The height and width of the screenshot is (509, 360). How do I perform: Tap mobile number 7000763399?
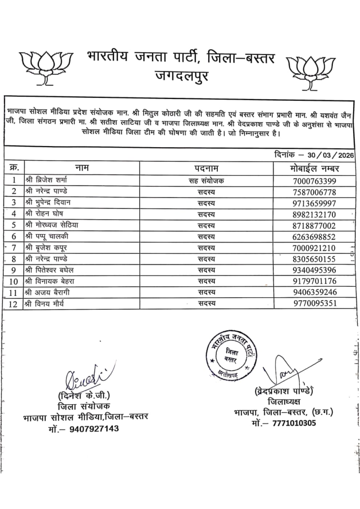314,180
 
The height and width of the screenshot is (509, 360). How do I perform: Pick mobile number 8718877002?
314,226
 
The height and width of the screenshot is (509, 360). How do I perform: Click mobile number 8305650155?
314,259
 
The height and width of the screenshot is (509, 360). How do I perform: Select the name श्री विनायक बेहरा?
50,281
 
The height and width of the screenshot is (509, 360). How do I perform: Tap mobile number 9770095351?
314,304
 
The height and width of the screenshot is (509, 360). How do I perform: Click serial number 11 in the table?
14,293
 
